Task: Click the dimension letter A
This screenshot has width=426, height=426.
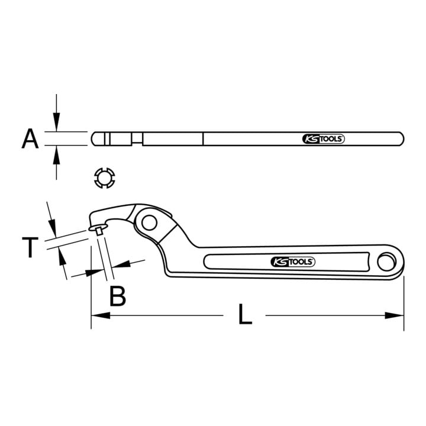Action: click(30, 139)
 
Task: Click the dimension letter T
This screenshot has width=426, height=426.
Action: click(30, 247)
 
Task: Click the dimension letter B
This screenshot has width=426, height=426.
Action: click(118, 296)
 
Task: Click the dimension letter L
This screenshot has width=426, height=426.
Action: click(245, 314)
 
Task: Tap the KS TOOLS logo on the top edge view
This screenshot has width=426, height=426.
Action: click(323, 139)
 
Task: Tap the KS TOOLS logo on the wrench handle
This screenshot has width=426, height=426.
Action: click(293, 262)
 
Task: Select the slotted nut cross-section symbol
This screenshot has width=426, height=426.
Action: click(105, 178)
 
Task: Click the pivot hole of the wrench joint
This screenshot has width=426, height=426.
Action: click(150, 223)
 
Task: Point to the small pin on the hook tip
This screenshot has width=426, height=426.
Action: click(99, 231)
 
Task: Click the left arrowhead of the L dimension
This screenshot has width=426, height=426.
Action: click(101, 315)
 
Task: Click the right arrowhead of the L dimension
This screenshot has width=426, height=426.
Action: click(395, 315)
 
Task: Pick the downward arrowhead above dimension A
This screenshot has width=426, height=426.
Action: click(56, 122)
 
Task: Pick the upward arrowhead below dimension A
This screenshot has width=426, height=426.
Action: click(56, 155)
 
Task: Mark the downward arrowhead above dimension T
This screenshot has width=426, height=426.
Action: click(53, 228)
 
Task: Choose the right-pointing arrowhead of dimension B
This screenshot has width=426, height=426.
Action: click(95, 272)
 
